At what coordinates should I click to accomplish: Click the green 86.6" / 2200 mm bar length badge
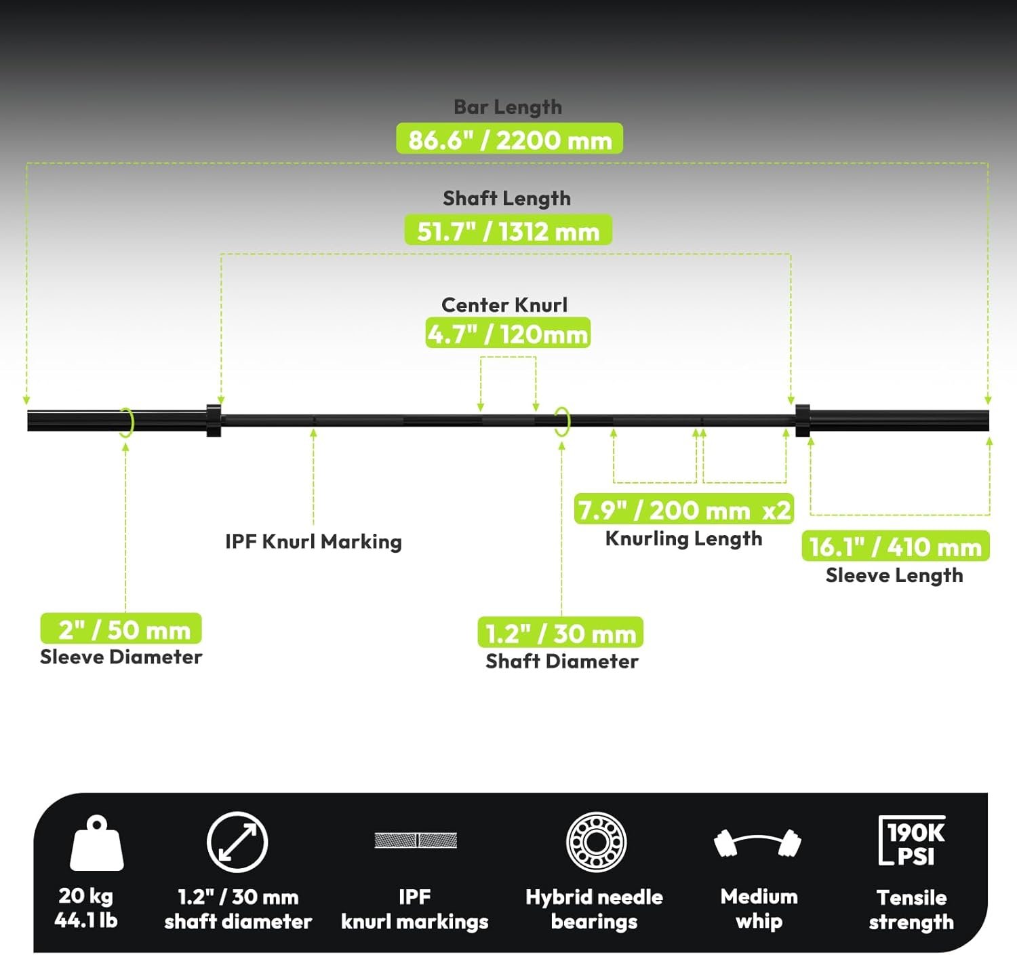[x=510, y=138]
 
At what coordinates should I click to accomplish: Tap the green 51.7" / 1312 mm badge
[x=508, y=229]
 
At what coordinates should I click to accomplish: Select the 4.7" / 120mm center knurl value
[x=508, y=333]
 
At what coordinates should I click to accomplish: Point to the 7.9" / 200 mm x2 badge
[x=683, y=509]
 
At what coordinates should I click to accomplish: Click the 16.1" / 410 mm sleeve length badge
[x=896, y=545]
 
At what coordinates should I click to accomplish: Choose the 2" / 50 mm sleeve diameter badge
[x=121, y=628]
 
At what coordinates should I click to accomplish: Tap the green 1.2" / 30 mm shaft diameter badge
[x=560, y=632]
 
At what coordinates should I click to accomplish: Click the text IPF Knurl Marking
[x=313, y=541]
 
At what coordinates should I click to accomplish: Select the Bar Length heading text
[x=508, y=107]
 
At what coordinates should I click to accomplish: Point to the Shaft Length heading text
[x=507, y=198]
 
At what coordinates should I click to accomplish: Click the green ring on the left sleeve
[x=127, y=423]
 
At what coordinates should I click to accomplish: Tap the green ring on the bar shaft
[x=562, y=422]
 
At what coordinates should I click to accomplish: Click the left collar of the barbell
[x=214, y=421]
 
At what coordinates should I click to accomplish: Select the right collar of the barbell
[x=803, y=421]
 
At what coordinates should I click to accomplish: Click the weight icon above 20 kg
[x=97, y=843]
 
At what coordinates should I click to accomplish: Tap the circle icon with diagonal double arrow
[x=237, y=842]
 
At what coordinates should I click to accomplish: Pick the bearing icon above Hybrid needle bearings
[x=597, y=842]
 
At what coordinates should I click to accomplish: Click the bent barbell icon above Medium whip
[x=758, y=843]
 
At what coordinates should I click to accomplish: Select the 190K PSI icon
[x=912, y=840]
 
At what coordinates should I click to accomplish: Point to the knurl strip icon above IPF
[x=416, y=840]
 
